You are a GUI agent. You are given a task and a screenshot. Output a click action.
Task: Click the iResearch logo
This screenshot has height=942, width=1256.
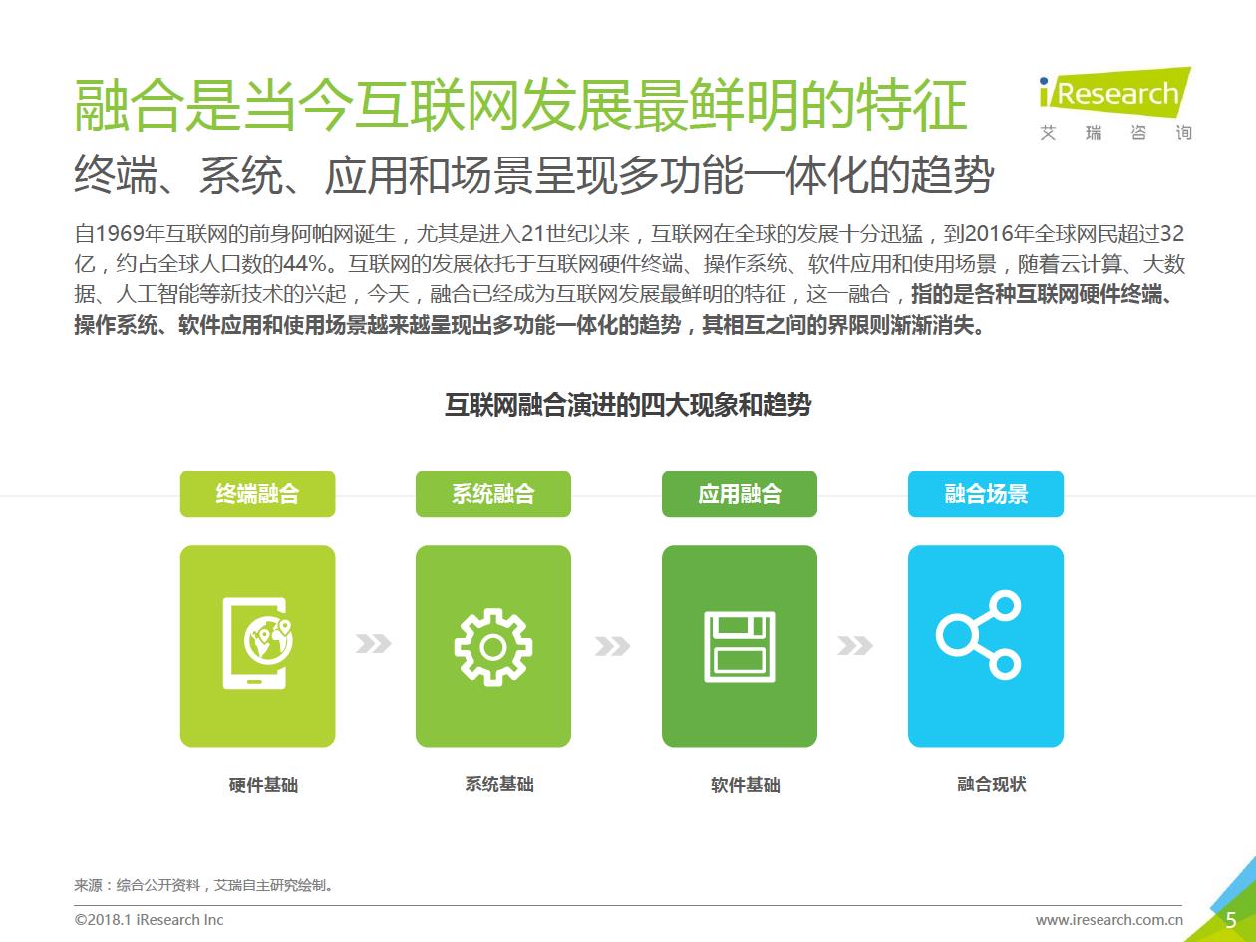point(1115,103)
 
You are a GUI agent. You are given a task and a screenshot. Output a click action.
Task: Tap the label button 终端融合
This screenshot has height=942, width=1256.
point(257,494)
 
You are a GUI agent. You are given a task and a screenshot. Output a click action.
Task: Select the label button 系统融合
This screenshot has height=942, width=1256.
point(492,494)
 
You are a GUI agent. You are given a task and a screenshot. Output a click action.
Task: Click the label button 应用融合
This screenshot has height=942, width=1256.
point(740,494)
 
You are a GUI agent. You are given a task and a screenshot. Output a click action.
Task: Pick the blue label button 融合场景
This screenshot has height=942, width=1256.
point(985,494)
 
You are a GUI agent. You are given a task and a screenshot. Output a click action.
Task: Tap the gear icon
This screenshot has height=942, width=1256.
point(492,648)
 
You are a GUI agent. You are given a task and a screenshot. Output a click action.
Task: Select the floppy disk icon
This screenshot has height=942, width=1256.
point(740,646)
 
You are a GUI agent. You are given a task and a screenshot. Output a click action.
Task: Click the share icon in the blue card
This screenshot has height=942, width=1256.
point(978,635)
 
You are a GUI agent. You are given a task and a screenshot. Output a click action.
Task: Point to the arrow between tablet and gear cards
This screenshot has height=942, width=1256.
point(374,643)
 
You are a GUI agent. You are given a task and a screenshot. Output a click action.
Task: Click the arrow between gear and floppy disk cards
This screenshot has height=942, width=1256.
point(613,646)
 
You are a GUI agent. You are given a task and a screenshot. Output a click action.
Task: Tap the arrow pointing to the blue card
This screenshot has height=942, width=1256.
point(855,645)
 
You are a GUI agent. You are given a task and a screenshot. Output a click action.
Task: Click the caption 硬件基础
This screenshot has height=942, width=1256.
point(263,785)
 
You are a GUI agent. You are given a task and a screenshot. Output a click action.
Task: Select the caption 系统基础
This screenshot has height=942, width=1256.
point(499,784)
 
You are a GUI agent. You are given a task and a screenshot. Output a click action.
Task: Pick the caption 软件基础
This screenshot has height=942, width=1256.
point(745,785)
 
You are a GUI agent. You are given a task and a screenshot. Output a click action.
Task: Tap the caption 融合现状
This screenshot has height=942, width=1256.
point(991,784)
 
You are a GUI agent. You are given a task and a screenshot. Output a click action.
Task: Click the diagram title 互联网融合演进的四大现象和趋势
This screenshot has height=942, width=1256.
point(628,405)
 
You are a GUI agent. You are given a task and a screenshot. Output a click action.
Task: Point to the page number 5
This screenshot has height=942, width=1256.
point(1231,920)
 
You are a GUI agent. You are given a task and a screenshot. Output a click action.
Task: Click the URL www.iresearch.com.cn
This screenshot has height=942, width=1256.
point(1108,920)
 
